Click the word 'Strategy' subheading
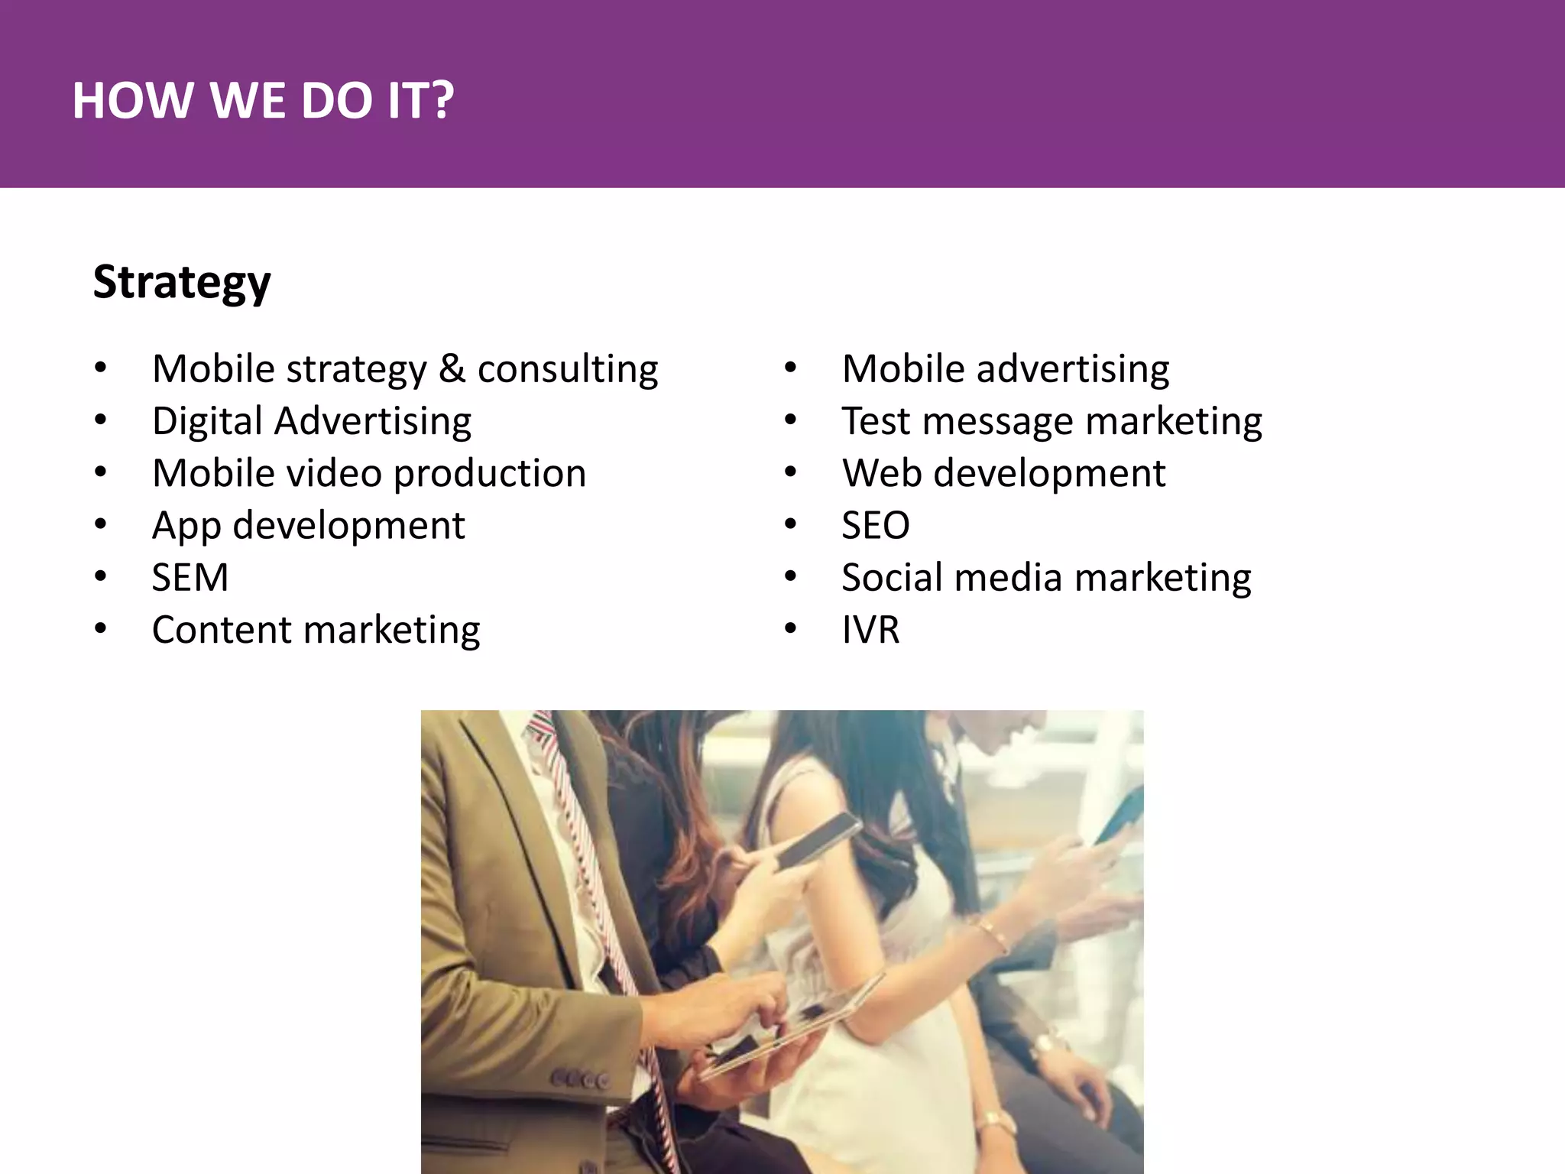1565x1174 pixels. point(182,282)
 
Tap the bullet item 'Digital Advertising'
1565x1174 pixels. point(312,421)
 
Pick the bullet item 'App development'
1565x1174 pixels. point(308,525)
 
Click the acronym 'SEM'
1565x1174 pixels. point(190,577)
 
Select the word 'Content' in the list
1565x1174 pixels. point(222,630)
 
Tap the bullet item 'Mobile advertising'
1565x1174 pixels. point(1005,369)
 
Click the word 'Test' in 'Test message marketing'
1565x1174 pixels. point(876,421)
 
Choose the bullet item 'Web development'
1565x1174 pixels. point(1003,473)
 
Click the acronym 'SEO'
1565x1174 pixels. point(876,525)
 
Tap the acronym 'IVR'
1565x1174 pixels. point(870,630)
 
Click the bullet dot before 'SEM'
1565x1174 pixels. point(101,576)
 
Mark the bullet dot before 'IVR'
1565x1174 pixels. point(790,629)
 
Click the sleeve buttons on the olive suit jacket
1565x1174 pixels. point(581,1079)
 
